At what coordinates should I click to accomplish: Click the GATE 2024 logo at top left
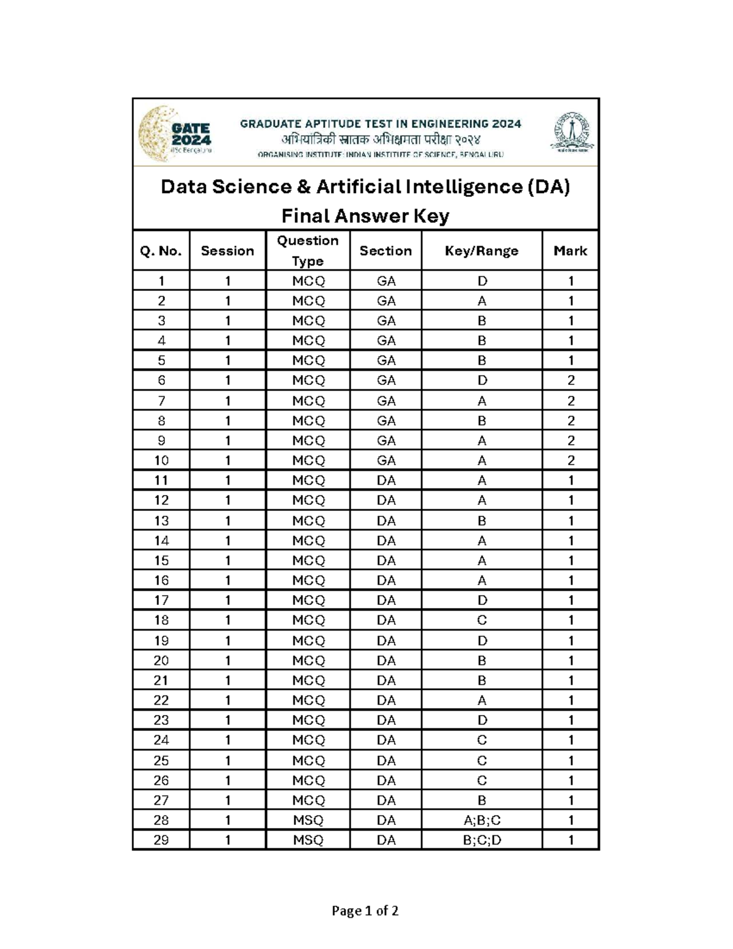[175, 133]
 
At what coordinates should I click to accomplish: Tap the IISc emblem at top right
[574, 132]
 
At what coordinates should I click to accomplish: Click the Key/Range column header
[481, 251]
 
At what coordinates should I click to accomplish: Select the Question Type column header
[307, 251]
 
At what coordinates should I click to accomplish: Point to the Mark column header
[570, 251]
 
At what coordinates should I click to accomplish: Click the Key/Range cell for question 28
[481, 820]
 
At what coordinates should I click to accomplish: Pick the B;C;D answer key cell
[481, 840]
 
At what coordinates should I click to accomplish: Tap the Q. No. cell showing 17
[161, 600]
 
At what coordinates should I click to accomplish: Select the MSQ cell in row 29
[308, 840]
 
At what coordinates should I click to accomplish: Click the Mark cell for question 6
[571, 380]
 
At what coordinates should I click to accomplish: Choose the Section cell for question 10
[386, 460]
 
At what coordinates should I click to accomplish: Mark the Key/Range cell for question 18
[481, 620]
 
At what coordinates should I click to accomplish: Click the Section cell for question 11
[386, 480]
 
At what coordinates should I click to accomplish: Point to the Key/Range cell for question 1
[481, 281]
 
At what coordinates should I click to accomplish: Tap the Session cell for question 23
[228, 720]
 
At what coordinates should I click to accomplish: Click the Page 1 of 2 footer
[365, 911]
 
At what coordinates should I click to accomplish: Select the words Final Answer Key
[365, 216]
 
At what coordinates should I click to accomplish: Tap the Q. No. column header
[161, 251]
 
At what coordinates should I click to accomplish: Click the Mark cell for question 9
[571, 441]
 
